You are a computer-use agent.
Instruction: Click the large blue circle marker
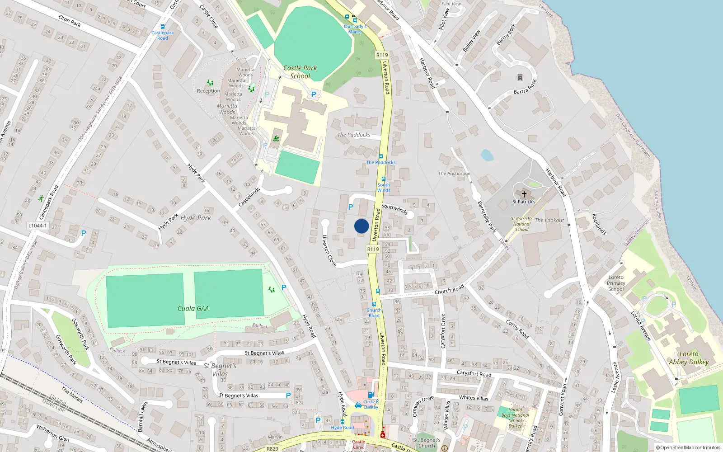pyautogui.click(x=361, y=226)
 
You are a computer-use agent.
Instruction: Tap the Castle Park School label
pyautogui.click(x=300, y=72)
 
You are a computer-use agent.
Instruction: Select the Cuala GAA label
pyautogui.click(x=193, y=309)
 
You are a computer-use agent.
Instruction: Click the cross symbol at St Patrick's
pyautogui.click(x=524, y=194)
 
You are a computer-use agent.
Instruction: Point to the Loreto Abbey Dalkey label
pyautogui.click(x=689, y=358)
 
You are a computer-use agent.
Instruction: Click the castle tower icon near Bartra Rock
pyautogui.click(x=520, y=78)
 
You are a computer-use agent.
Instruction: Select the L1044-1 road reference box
pyautogui.click(x=38, y=226)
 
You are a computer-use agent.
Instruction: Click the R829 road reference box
pyautogui.click(x=272, y=449)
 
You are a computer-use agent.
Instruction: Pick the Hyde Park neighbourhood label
pyautogui.click(x=196, y=218)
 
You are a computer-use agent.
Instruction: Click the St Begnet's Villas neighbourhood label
pyautogui.click(x=220, y=370)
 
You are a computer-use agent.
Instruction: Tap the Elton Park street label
pyautogui.click(x=70, y=21)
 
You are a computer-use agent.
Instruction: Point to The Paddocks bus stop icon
pyautogui.click(x=381, y=156)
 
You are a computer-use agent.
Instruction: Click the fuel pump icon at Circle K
pyautogui.click(x=371, y=395)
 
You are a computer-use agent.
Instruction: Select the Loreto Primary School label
pyautogui.click(x=616, y=283)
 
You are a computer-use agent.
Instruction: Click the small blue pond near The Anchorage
pyautogui.click(x=487, y=155)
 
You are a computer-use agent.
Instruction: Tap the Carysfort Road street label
pyautogui.click(x=474, y=373)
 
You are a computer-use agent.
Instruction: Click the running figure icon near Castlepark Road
pyautogui.click(x=41, y=198)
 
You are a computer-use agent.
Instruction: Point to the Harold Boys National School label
pyautogui.click(x=515, y=418)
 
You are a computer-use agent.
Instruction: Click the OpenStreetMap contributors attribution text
pyautogui.click(x=688, y=448)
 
